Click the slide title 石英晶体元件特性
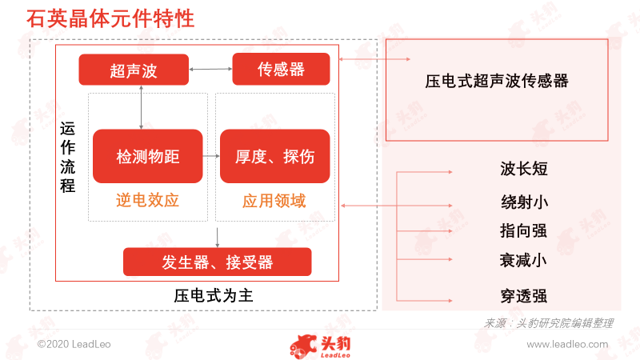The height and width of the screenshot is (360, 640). pyautogui.click(x=110, y=18)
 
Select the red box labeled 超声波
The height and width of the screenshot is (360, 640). pyautogui.click(x=134, y=70)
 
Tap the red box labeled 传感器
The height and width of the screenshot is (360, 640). pyautogui.click(x=281, y=69)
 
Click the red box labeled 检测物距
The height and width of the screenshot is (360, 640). pyautogui.click(x=148, y=156)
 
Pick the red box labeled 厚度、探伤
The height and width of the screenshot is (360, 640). pyautogui.click(x=274, y=156)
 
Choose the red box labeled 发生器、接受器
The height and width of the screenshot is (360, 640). pyautogui.click(x=217, y=262)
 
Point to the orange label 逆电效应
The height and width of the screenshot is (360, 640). pyautogui.click(x=147, y=200)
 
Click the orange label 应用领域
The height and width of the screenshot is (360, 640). pyautogui.click(x=274, y=201)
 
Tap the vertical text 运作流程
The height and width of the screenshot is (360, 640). pyautogui.click(x=68, y=157)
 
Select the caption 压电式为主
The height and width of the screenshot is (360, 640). pyautogui.click(x=214, y=295)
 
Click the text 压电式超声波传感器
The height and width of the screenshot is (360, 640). pyautogui.click(x=497, y=81)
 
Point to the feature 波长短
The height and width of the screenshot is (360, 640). pyautogui.click(x=524, y=169)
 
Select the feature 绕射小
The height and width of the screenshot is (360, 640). pyautogui.click(x=525, y=202)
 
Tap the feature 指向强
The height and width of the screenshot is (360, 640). pyautogui.click(x=523, y=230)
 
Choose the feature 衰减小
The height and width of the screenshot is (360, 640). pyautogui.click(x=523, y=260)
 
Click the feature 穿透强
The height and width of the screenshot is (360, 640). pyautogui.click(x=524, y=296)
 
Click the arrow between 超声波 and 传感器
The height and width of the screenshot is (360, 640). pyautogui.click(x=210, y=69)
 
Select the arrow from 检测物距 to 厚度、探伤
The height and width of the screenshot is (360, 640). pyautogui.click(x=211, y=156)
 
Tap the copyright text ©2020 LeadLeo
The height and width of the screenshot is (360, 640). pyautogui.click(x=74, y=344)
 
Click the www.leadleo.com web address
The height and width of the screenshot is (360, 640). pyautogui.click(x=567, y=344)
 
